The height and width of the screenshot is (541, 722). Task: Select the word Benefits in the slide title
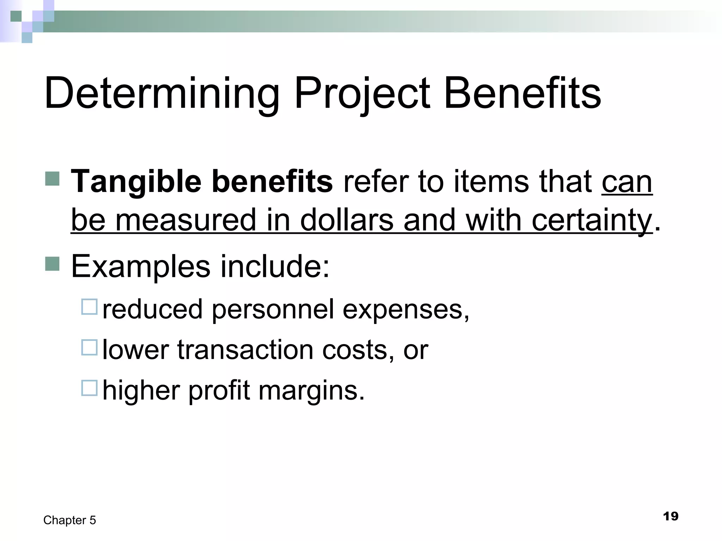(x=522, y=93)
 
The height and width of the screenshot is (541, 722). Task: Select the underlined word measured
(x=185, y=220)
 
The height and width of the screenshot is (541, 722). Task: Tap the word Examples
(x=141, y=267)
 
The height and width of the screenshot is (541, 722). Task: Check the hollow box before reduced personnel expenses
(x=89, y=307)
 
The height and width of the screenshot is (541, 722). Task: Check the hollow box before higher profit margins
(x=89, y=388)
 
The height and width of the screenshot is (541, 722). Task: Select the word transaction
(x=245, y=350)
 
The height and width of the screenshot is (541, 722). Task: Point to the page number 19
(x=671, y=516)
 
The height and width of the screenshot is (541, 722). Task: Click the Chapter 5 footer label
(x=69, y=520)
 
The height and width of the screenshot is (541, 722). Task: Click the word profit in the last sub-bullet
(x=219, y=391)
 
